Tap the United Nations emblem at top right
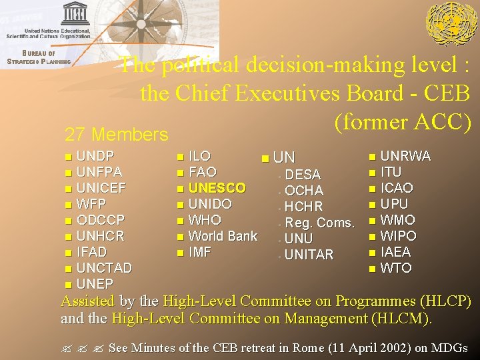click(451, 24)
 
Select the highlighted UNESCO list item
click(217, 188)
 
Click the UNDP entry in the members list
click(95, 156)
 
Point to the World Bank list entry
click(223, 236)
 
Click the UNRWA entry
click(405, 156)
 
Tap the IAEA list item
click(395, 252)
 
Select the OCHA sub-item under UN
click(304, 191)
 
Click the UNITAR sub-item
click(309, 255)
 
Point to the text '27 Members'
click(116, 135)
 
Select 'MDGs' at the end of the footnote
click(449, 348)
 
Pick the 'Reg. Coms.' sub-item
click(319, 223)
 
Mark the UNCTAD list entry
click(104, 268)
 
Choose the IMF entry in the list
click(200, 252)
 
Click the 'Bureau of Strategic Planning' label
click(38, 57)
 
